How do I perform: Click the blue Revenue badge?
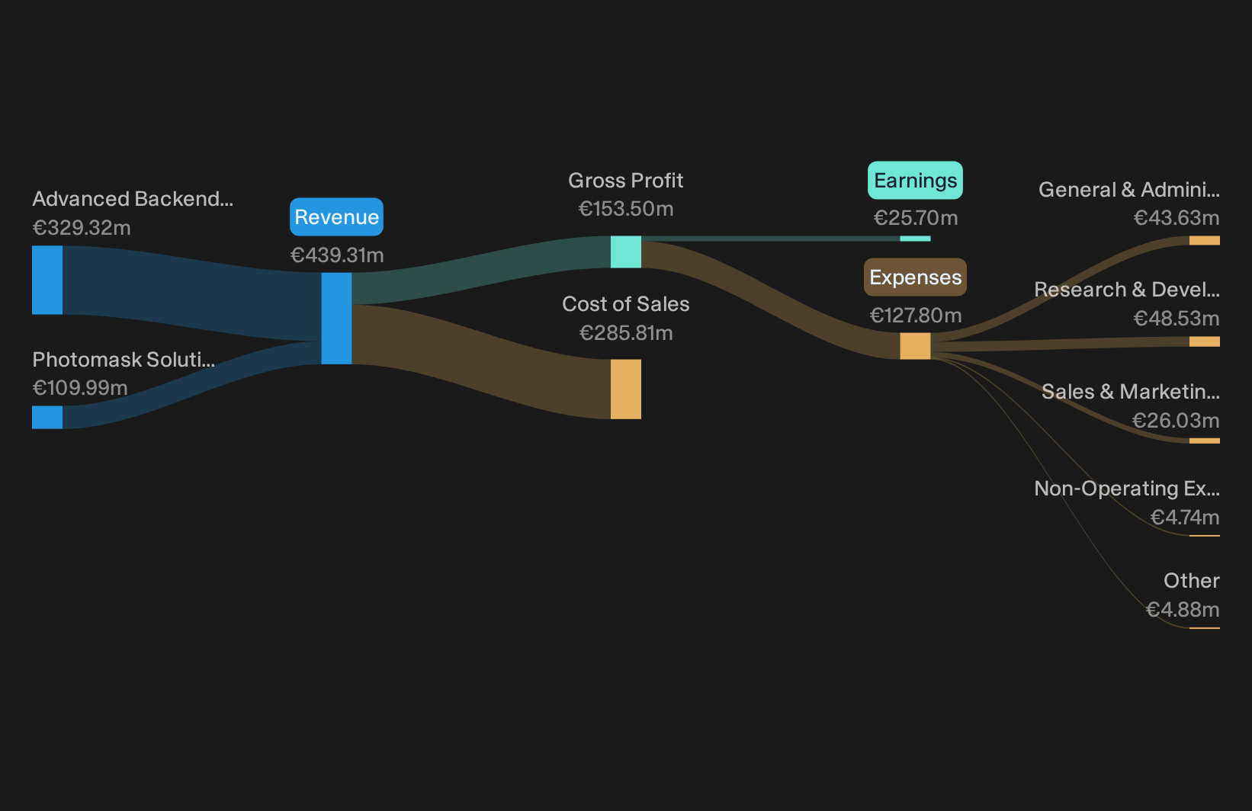pyautogui.click(x=336, y=217)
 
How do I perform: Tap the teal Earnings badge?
pyautogui.click(x=915, y=181)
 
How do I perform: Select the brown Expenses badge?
pyautogui.click(x=915, y=277)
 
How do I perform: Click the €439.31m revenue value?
pyautogui.click(x=337, y=255)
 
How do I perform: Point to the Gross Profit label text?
pyautogui.click(x=625, y=181)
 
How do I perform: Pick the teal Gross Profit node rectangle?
pyautogui.click(x=625, y=252)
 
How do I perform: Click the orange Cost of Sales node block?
pyautogui.click(x=625, y=389)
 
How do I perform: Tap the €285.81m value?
pyautogui.click(x=625, y=333)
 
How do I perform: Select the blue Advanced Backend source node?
pyautogui.click(x=47, y=280)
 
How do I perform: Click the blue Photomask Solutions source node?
pyautogui.click(x=47, y=418)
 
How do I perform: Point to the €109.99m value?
pyautogui.click(x=80, y=388)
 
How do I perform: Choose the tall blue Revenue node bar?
pyautogui.click(x=336, y=319)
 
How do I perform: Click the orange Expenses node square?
pyautogui.click(x=915, y=346)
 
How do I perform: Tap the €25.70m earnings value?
pyautogui.click(x=916, y=218)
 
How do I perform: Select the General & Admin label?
pyautogui.click(x=1129, y=190)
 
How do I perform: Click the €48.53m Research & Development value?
pyautogui.click(x=1177, y=319)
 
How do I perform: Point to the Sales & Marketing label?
pyautogui.click(x=1131, y=392)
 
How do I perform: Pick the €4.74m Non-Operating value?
pyautogui.click(x=1185, y=518)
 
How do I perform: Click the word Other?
pyautogui.click(x=1192, y=581)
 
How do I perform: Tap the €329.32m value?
pyautogui.click(x=82, y=228)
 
